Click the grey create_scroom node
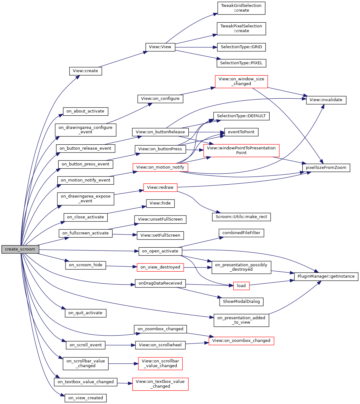pos(20,249)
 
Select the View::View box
pos(160,47)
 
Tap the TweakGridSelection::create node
pos(241,8)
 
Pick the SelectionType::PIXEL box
pos(241,63)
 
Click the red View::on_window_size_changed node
pos(241,82)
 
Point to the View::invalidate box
pos(326,100)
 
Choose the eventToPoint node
pos(241,132)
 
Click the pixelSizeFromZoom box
pos(326,168)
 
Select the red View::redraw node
pos(160,188)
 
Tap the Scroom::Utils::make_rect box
pos(241,217)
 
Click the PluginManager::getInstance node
pos(326,276)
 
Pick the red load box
pos(241,286)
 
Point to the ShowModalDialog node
pos(241,302)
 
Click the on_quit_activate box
pos(85,313)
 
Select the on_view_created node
pos(85,398)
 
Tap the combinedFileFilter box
pos(241,233)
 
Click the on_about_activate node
pos(85,111)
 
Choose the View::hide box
pos(160,203)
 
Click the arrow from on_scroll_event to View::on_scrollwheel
pos(120,345)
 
